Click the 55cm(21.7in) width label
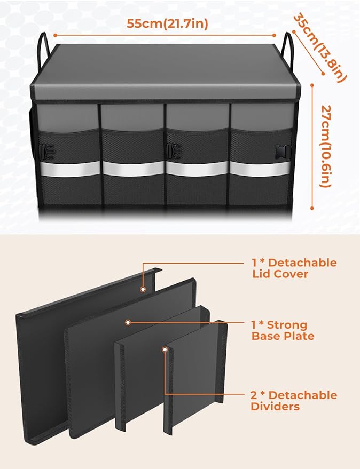tap(167, 23)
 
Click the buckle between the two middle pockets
tap(172, 150)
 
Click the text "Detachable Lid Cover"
tap(294, 269)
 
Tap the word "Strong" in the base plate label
tap(287, 325)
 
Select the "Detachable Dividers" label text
tap(294, 401)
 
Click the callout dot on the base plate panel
tap(128, 323)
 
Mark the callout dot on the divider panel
tap(166, 349)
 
